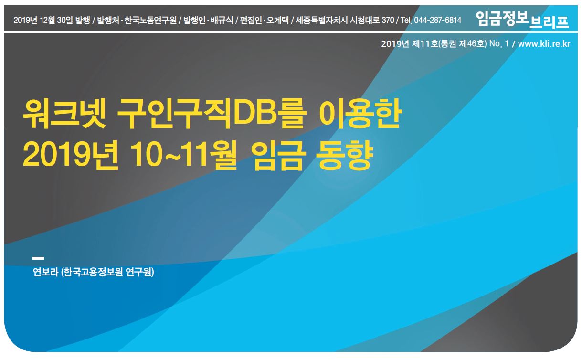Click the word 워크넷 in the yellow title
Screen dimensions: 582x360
coord(64,114)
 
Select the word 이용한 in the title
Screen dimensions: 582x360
coord(360,114)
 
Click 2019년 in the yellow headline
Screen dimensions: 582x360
coord(70,155)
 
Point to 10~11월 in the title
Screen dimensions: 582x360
coord(183,155)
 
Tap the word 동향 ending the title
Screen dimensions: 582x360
coord(345,155)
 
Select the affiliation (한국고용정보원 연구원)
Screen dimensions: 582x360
coord(107,272)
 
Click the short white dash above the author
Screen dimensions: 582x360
coord(38,258)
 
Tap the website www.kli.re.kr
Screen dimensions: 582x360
coord(544,43)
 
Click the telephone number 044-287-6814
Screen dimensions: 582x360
coord(437,20)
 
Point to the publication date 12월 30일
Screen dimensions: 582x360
coord(56,20)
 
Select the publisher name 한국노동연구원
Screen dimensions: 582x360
coord(150,20)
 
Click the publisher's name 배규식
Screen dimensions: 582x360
coord(222,20)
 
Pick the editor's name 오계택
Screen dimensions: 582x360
coord(277,20)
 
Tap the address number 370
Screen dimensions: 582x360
coord(388,20)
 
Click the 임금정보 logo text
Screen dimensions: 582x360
coord(502,19)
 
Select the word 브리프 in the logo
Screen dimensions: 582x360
coord(549,22)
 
